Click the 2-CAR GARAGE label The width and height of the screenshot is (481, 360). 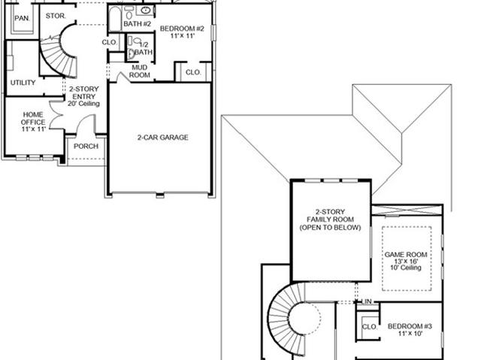[x=162, y=138]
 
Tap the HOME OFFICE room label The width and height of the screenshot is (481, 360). [x=33, y=118]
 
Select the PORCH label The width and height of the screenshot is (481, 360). [x=86, y=147]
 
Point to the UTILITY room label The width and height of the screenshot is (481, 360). [x=23, y=83]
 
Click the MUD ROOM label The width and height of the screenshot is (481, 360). [x=140, y=71]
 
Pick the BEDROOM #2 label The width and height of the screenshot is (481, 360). [x=182, y=29]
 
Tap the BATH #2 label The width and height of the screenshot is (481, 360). [x=137, y=23]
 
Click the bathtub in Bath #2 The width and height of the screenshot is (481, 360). [x=115, y=18]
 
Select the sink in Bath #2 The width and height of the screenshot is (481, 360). [x=145, y=11]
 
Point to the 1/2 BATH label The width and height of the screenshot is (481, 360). [x=144, y=48]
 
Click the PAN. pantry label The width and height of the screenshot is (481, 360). [x=22, y=18]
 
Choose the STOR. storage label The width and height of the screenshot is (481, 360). [x=56, y=16]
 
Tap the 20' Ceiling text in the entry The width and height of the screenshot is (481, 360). [x=83, y=104]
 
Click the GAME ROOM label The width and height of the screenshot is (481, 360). [x=406, y=255]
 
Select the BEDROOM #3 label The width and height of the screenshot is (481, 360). [x=410, y=326]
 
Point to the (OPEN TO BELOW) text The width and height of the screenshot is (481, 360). [x=330, y=228]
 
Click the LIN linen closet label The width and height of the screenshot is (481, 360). [x=367, y=301]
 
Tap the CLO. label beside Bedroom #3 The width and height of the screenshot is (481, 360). [x=369, y=327]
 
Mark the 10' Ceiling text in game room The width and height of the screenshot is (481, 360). [x=406, y=268]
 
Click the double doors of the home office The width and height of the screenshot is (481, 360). [x=56, y=115]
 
